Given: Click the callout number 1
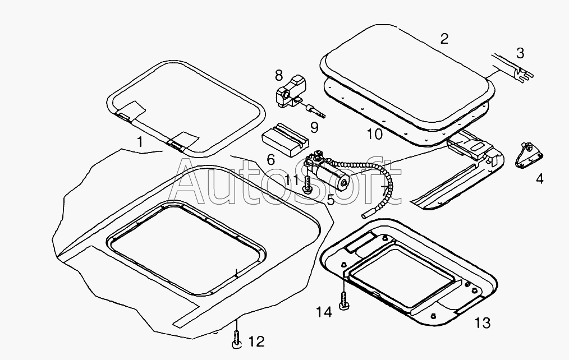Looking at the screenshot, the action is [x=140, y=142].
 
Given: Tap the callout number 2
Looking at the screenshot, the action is [x=444, y=39].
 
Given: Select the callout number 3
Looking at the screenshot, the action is [x=520, y=53].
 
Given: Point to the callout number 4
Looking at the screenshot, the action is [x=540, y=179].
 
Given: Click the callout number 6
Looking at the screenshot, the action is [x=270, y=160].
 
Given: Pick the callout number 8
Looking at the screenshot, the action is [x=278, y=76].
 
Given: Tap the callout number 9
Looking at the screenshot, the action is [x=314, y=128].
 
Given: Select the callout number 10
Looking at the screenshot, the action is [x=375, y=135].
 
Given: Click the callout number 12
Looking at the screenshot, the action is [x=257, y=341].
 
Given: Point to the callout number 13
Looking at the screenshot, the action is [x=483, y=322].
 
